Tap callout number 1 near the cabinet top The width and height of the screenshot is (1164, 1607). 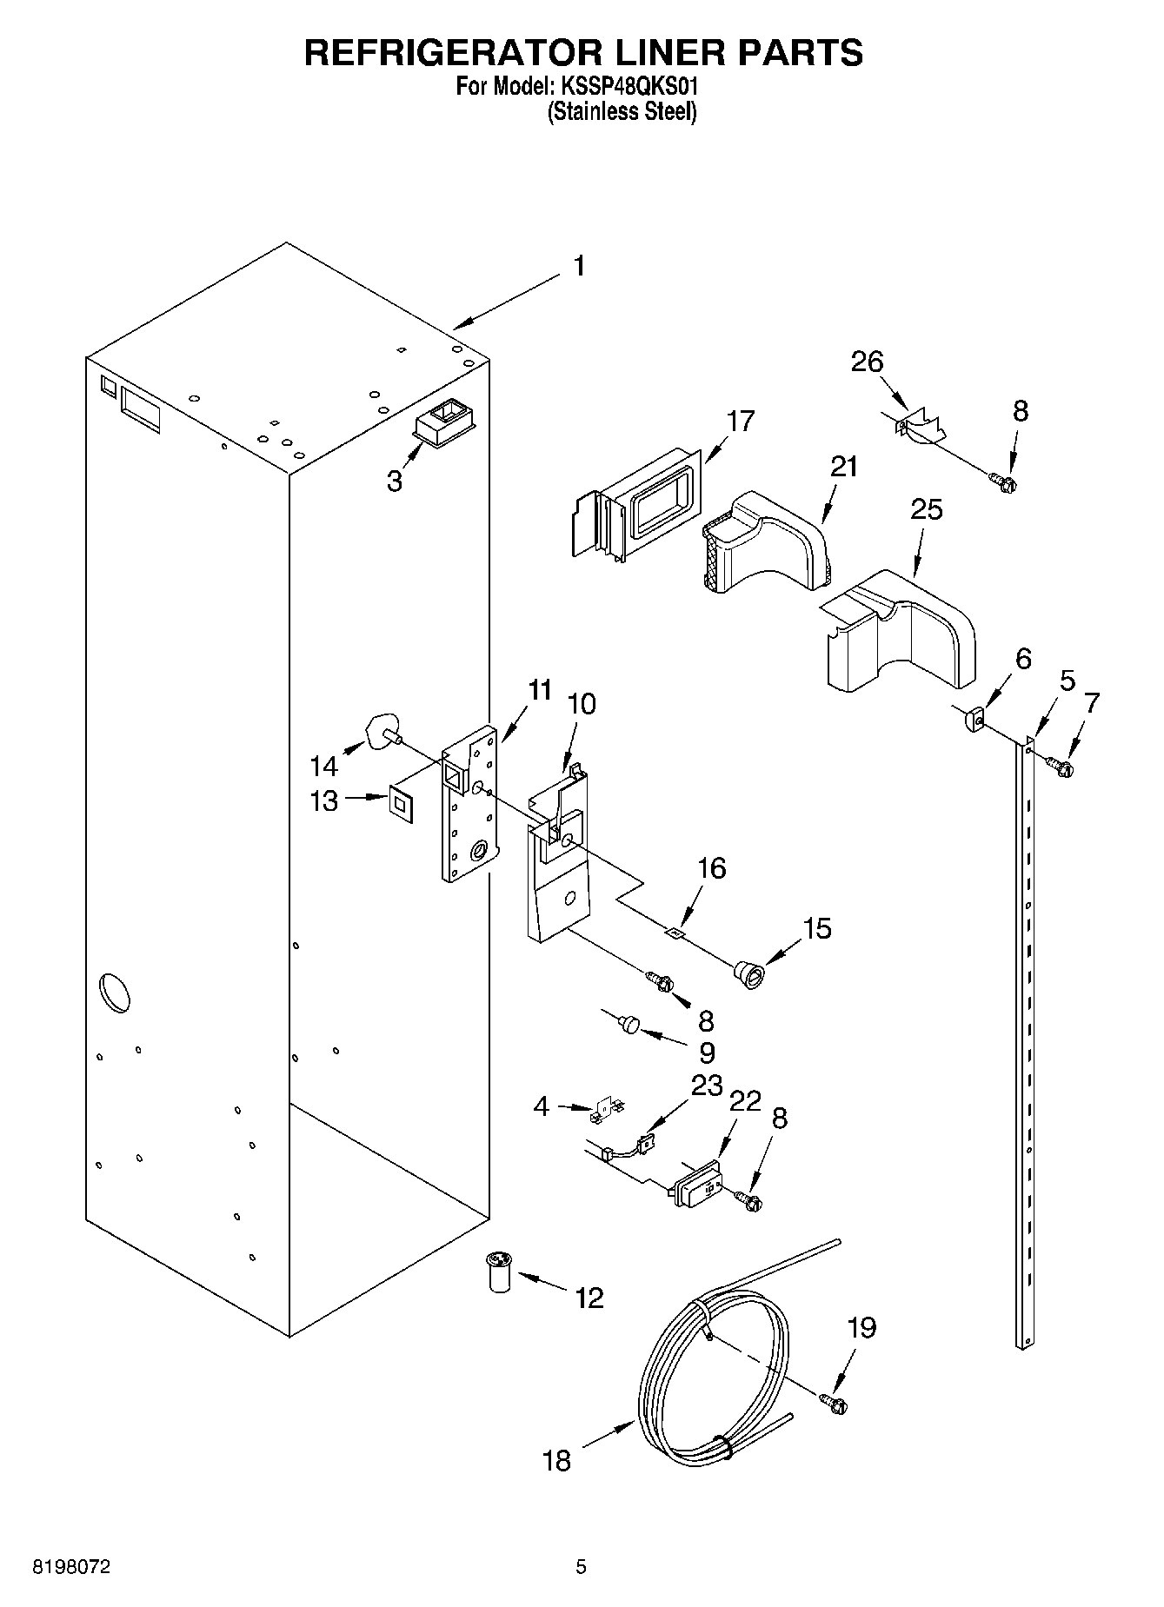[579, 267]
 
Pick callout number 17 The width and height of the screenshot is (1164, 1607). [741, 422]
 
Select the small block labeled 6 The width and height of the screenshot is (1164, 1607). [974, 720]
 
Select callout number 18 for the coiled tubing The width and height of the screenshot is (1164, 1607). [556, 1460]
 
